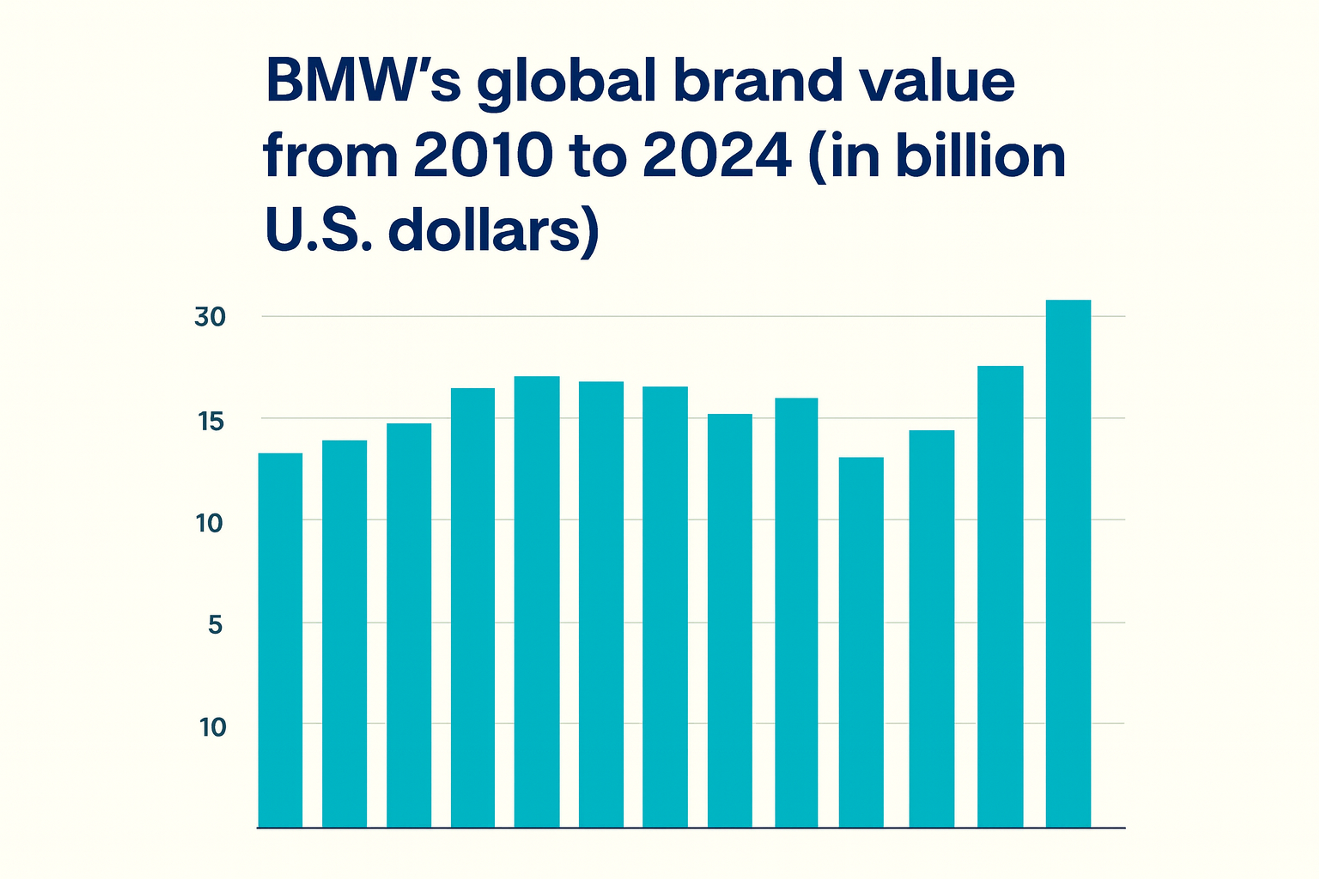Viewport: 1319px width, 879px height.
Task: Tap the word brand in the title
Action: tap(757, 81)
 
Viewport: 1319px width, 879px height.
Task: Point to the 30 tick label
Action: tap(210, 317)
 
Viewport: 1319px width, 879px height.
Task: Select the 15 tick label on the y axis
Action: tap(211, 422)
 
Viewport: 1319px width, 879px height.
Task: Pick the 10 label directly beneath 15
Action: tap(209, 524)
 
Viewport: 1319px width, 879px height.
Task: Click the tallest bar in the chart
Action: tap(1068, 563)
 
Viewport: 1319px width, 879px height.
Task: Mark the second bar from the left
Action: tap(344, 633)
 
